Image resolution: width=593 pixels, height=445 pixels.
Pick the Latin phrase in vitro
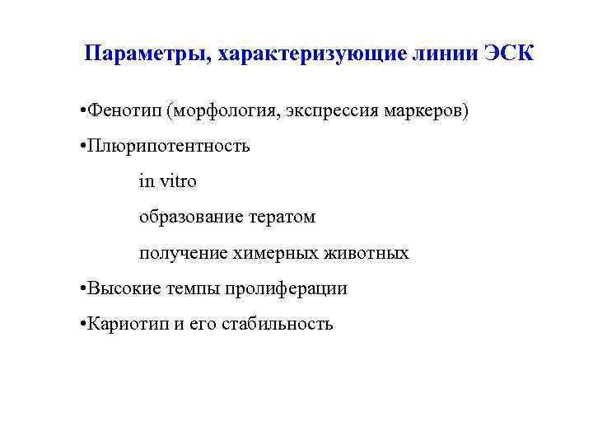tap(168, 181)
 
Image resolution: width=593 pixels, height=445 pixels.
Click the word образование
tap(190, 218)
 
